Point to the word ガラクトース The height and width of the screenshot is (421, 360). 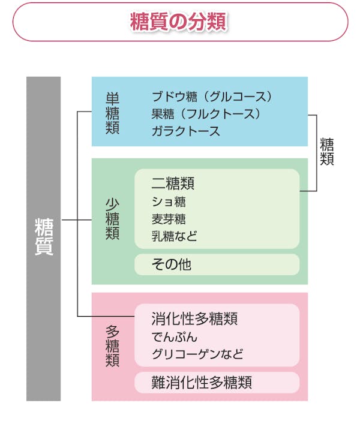186,131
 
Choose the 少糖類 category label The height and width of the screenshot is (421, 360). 112,219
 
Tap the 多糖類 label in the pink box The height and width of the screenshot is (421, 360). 112,345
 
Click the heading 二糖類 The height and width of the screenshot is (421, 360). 173,183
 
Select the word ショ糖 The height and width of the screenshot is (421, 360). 169,202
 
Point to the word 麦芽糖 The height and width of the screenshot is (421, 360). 169,218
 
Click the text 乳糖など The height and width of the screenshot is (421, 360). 174,236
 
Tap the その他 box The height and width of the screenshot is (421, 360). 216,264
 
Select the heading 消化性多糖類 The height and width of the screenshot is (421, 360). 194,318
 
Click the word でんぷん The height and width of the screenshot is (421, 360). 174,336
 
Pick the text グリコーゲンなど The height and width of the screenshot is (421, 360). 197,354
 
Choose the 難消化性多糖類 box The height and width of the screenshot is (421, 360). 216,382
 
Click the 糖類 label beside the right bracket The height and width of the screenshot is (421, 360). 327,152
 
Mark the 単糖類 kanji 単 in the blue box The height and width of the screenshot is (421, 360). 112,98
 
